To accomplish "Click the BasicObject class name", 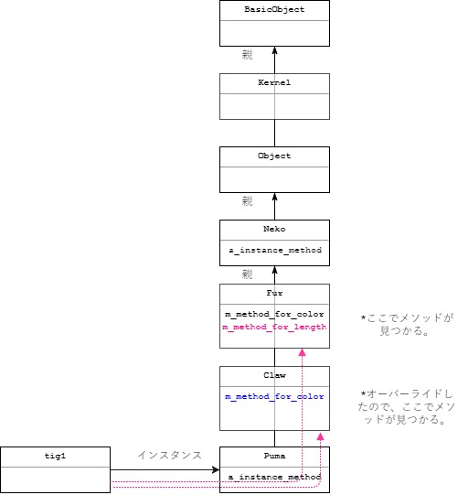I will [274, 9].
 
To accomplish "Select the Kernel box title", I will [274, 82].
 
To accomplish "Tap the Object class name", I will [274, 156].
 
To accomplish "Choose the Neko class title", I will [274, 230].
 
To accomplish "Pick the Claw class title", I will [274, 375].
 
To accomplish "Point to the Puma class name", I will [274, 455].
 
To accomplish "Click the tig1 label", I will [55, 455].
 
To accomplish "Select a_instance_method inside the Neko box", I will [274, 250].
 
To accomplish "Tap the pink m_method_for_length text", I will [274, 328].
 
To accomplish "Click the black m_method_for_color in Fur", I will [274, 315].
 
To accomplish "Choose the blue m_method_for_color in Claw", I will [274, 396].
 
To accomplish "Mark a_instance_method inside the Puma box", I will [274, 477].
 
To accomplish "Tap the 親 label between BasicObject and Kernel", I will [247, 55].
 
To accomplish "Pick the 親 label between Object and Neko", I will [247, 201].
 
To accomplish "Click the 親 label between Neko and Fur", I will [247, 274].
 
